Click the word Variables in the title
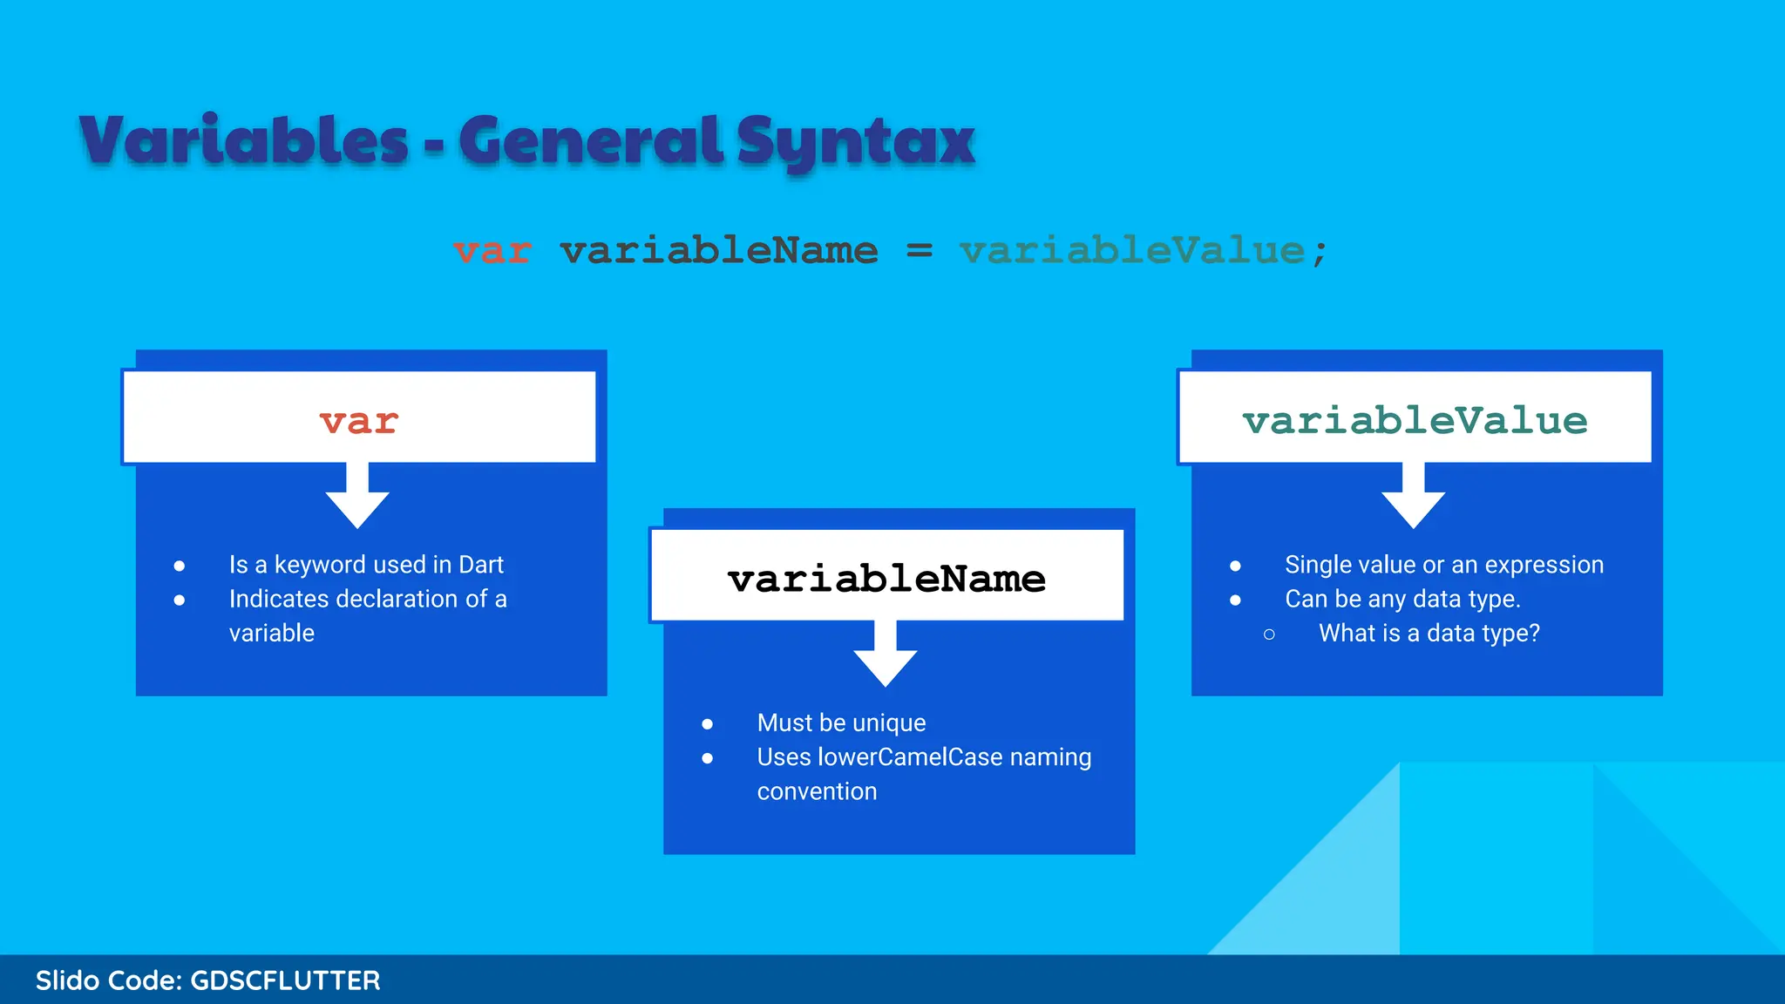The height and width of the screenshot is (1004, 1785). point(243,140)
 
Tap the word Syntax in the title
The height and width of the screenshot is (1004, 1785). point(855,142)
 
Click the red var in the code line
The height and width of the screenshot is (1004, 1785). point(492,251)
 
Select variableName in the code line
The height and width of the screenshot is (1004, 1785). point(719,251)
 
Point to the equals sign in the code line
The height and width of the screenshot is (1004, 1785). point(920,251)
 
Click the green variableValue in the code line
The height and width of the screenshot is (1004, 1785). point(1132,251)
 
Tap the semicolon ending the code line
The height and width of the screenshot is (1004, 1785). point(1320,253)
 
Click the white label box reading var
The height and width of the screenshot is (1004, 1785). point(359,417)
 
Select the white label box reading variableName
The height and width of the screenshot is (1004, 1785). point(887,576)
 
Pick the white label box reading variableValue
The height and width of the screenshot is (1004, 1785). point(1415,417)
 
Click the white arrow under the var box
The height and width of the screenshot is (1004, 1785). point(357,497)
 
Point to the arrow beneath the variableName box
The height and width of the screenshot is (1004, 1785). point(886,655)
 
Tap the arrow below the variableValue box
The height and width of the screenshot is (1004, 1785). point(1414,497)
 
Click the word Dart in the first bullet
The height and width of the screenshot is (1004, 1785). point(481,565)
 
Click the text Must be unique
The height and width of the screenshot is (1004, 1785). point(841,722)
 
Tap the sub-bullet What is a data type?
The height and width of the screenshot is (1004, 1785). point(1429,633)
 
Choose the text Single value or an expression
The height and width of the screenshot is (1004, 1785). point(1443,565)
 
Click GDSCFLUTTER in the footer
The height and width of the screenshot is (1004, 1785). point(285,980)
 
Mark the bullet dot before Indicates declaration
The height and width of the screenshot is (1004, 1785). point(180,600)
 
